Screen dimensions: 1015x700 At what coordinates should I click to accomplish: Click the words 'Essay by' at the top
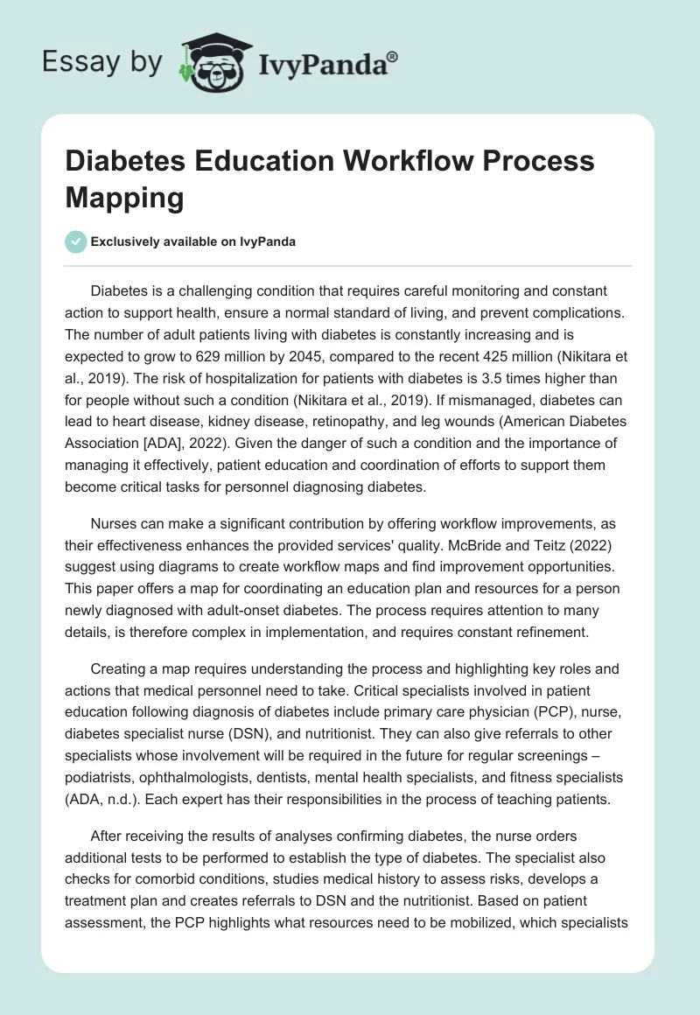pyautogui.click(x=102, y=62)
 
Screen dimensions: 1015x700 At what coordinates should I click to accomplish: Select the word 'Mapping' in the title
pyautogui.click(x=125, y=198)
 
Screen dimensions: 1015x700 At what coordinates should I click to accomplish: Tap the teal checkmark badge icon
pyautogui.click(x=76, y=241)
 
